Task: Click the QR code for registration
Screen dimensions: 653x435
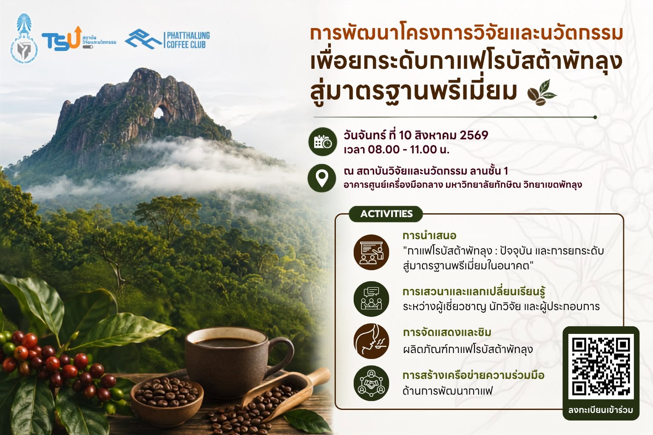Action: coord(601,366)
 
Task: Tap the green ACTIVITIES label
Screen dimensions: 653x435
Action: coord(386,214)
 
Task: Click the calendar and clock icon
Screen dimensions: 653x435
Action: coord(323,141)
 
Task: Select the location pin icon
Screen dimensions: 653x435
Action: coord(322,178)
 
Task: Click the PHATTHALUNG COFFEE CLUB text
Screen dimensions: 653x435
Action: coord(188,40)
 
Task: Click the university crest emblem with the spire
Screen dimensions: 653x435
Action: coord(24,38)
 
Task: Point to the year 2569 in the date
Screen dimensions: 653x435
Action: coord(474,135)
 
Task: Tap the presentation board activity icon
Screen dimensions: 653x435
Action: coord(372,252)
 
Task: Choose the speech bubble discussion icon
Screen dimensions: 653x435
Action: coord(372,299)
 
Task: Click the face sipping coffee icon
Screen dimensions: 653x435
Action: coord(372,341)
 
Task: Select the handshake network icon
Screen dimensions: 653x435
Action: coord(372,383)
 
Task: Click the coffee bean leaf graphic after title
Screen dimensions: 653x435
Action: coord(542,92)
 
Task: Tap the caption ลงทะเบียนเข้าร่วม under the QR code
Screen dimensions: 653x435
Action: coord(601,410)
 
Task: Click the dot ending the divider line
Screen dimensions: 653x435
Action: coord(595,117)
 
